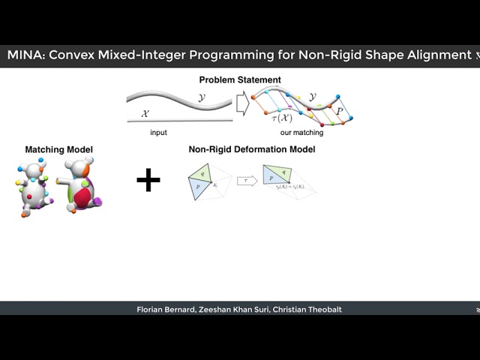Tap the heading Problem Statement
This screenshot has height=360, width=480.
tap(240, 79)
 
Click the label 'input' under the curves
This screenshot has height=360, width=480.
tap(157, 133)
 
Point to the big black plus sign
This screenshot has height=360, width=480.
tap(148, 179)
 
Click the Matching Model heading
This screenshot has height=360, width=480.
tap(59, 150)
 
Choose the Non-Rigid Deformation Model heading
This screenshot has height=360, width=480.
tap(252, 150)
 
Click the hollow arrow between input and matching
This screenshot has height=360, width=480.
tap(243, 102)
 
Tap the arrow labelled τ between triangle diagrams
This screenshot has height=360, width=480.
tap(246, 181)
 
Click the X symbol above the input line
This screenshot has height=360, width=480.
tap(146, 114)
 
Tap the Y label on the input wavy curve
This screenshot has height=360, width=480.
tap(201, 97)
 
